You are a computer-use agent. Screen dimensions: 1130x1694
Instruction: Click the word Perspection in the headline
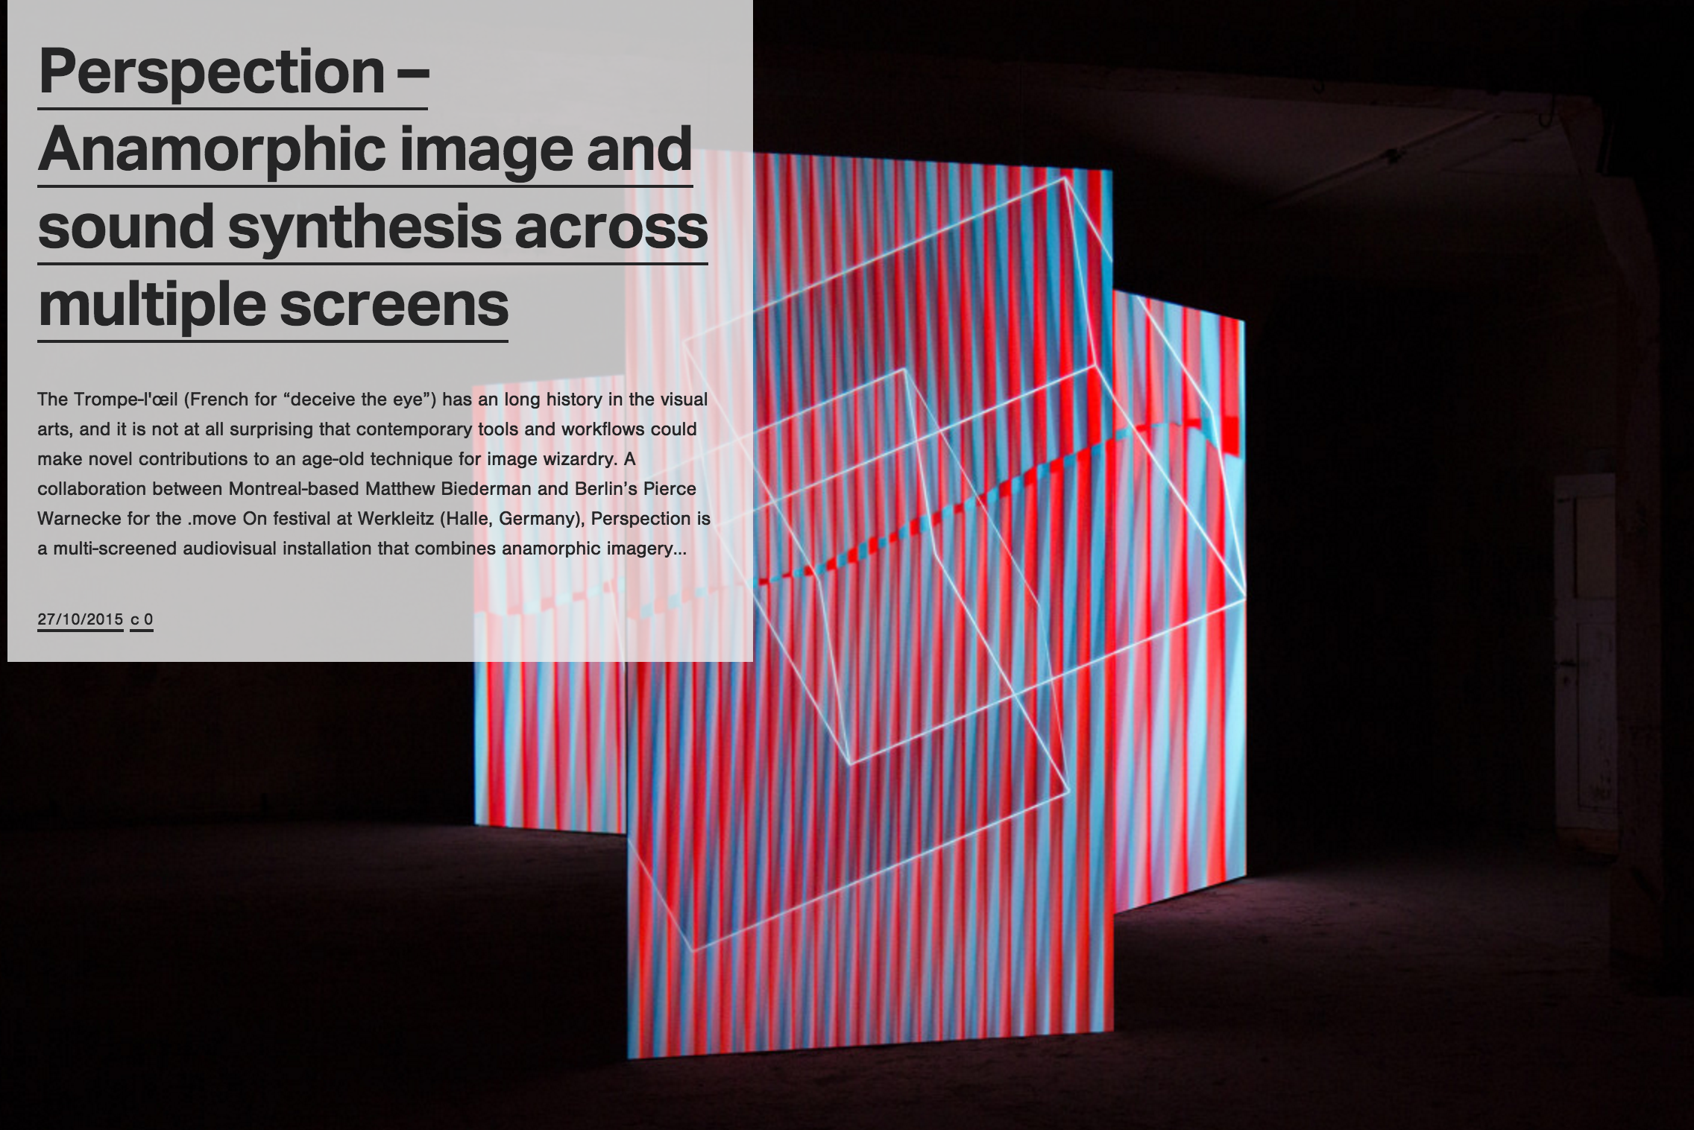(212, 72)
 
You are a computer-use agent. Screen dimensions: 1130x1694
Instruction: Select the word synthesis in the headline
(365, 228)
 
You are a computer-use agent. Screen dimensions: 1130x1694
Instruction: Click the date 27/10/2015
(80, 619)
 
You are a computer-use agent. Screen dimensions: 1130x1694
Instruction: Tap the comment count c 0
(142, 619)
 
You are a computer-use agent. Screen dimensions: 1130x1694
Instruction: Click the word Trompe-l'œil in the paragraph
(125, 400)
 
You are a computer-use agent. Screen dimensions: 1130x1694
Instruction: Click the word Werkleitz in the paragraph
(398, 519)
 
